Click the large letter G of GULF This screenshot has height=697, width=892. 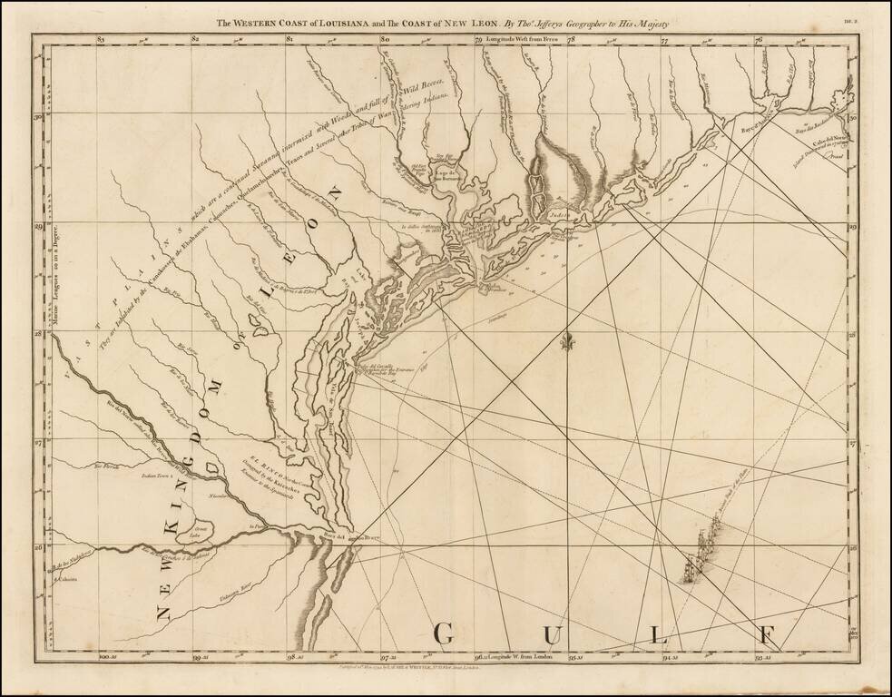click(445, 632)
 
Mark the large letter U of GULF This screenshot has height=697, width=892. click(551, 632)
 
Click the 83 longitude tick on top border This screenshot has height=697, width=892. click(101, 40)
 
